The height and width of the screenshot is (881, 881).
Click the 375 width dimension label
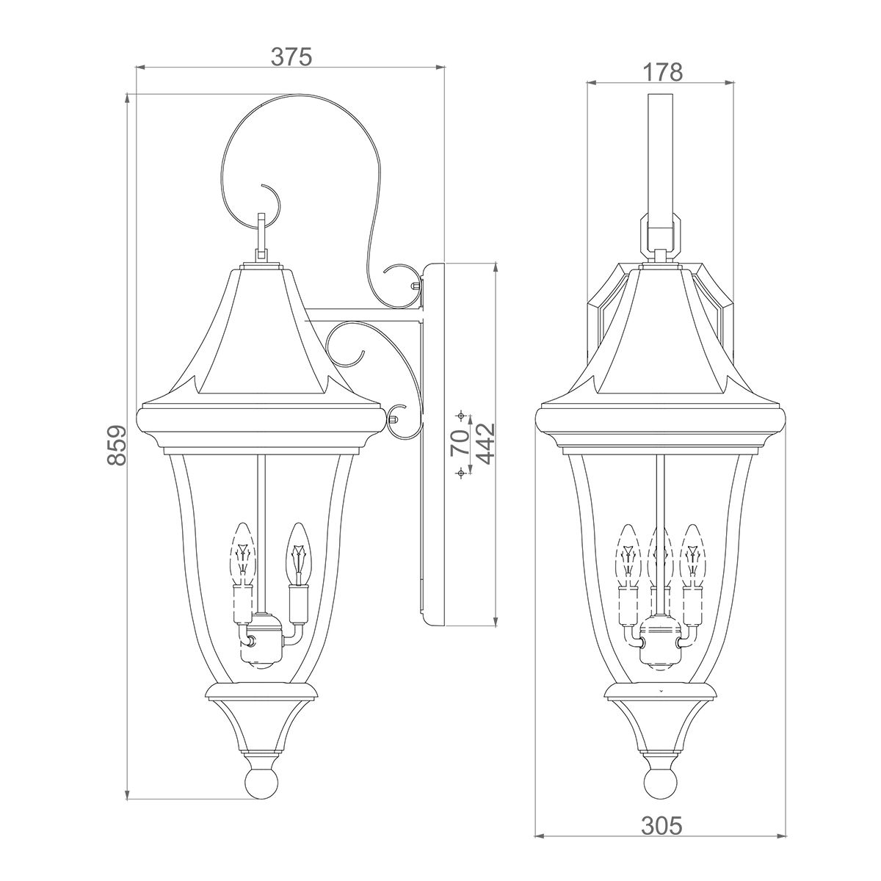tap(292, 57)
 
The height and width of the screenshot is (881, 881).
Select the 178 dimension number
tap(663, 72)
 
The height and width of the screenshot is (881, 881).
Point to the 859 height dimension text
tap(117, 445)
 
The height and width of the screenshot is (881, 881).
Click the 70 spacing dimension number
tap(460, 444)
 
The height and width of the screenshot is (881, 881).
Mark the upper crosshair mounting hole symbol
tap(461, 416)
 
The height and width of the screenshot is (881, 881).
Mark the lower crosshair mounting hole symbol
tap(461, 474)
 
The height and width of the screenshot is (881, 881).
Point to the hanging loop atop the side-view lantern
tap(262, 233)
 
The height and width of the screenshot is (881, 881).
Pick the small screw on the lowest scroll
tap(396, 420)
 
